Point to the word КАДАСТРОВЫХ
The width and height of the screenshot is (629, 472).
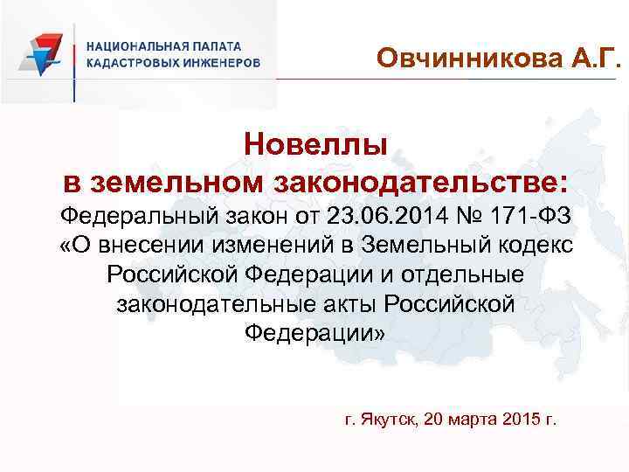tap(132, 63)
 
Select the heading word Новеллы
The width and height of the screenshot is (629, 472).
tap(315, 143)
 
